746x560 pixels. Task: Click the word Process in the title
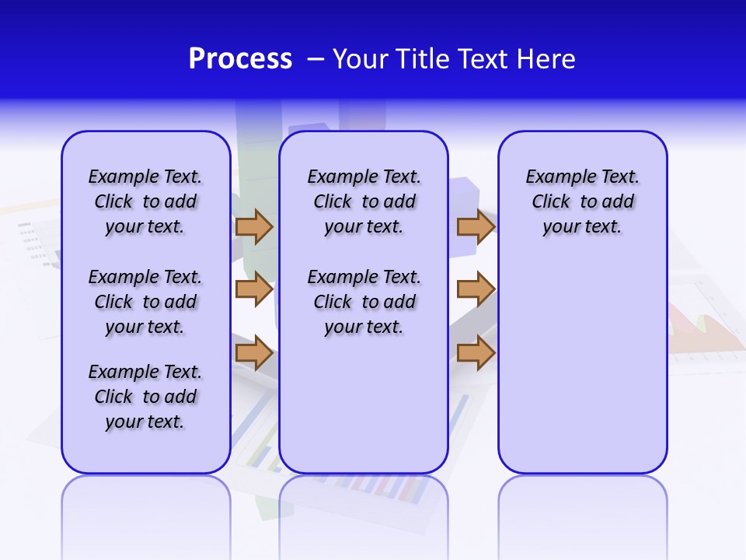[240, 59]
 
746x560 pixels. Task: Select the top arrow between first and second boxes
[254, 226]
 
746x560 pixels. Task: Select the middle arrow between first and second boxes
[254, 289]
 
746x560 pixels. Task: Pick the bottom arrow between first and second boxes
[254, 353]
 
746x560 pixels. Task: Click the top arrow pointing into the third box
[476, 226]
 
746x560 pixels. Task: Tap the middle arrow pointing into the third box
[476, 289]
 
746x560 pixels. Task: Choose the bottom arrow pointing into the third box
[476, 353]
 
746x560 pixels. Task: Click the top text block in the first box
[145, 201]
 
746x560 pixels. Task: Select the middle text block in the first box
[145, 302]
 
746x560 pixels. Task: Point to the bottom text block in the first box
[145, 397]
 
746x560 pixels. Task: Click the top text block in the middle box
[364, 201]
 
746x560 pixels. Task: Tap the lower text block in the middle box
[364, 302]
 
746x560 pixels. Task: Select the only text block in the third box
[583, 201]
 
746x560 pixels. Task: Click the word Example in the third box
[557, 177]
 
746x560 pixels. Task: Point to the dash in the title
[315, 59]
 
